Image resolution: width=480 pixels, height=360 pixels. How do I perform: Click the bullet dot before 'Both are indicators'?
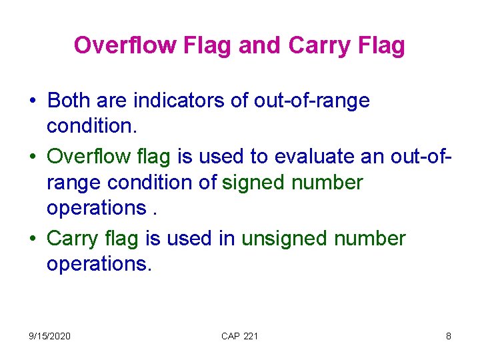pyautogui.click(x=32, y=102)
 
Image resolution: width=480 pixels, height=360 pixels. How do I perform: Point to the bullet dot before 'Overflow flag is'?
pyautogui.click(x=32, y=157)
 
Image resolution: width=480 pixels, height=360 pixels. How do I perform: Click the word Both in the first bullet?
pyautogui.click(x=70, y=101)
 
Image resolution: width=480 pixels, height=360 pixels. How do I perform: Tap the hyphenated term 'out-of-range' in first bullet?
pyautogui.click(x=312, y=101)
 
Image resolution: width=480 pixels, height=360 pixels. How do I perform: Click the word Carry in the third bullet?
pyautogui.click(x=73, y=238)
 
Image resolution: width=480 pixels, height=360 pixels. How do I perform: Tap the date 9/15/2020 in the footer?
pyautogui.click(x=49, y=336)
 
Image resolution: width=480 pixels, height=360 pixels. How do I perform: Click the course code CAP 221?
pyautogui.click(x=239, y=336)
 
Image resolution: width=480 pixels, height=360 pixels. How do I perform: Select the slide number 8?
pyautogui.click(x=448, y=336)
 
